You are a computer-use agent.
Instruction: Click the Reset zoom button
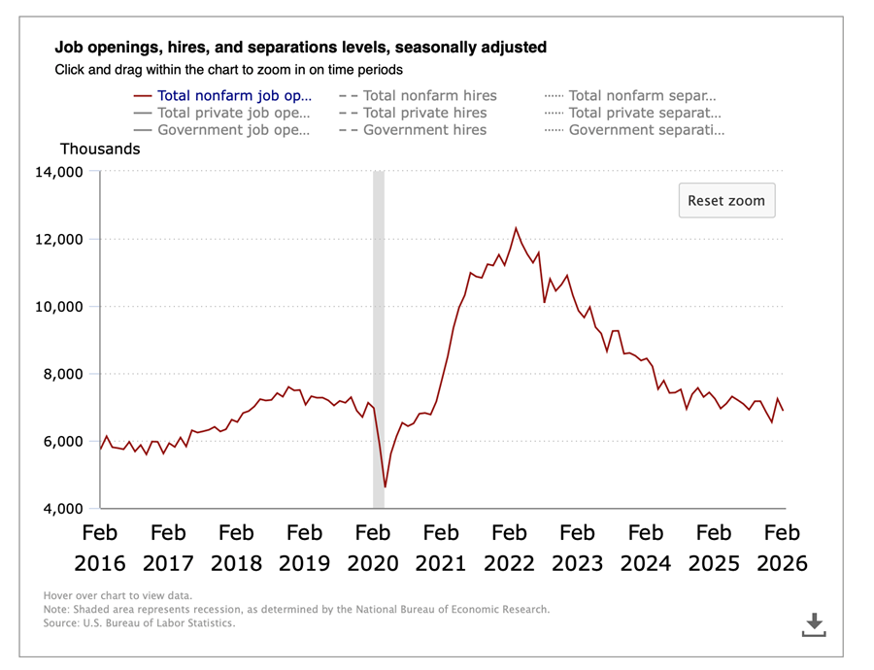(726, 201)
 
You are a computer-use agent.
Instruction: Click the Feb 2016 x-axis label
(100, 548)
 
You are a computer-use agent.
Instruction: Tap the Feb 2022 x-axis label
(509, 548)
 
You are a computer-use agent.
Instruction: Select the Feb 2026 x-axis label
(782, 548)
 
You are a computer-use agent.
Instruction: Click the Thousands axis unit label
(100, 150)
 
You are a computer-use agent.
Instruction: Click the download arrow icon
(814, 624)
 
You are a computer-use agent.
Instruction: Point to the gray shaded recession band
(379, 340)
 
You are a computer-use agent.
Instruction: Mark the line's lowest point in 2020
(386, 486)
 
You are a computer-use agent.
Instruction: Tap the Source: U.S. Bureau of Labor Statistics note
(139, 623)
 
